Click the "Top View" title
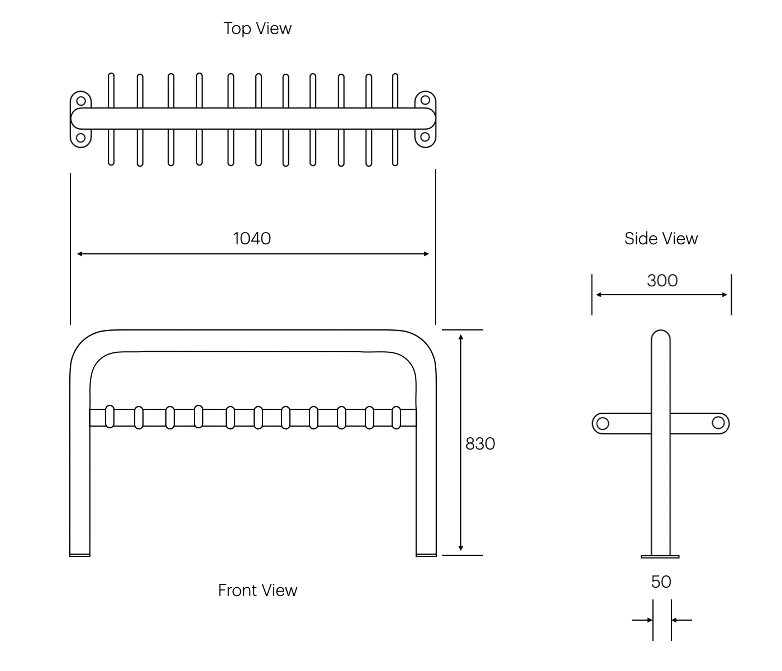[258, 28]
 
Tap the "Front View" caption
[258, 590]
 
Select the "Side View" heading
[661, 239]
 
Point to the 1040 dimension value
[252, 239]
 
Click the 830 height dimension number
[480, 443]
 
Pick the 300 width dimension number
[662, 280]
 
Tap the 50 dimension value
[661, 582]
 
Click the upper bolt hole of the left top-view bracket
[81, 101]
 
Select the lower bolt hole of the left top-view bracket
[81, 138]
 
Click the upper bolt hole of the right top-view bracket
[425, 100]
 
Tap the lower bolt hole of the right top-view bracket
[425, 137]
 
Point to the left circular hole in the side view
[602, 423]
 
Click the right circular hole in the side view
[718, 423]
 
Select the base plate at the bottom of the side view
[660, 556]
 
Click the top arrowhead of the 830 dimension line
[461, 337]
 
